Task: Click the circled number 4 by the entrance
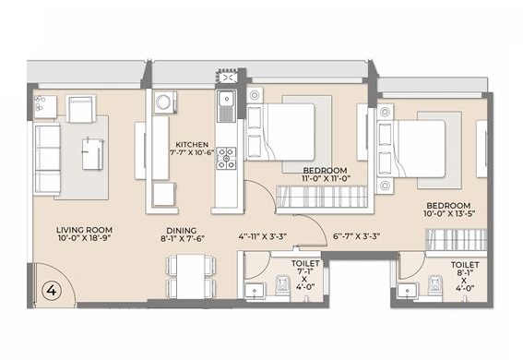(52, 290)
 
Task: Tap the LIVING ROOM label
(84, 230)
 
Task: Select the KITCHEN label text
(192, 145)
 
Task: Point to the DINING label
(182, 231)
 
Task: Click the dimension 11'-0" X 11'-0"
(326, 178)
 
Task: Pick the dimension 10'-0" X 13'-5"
(449, 213)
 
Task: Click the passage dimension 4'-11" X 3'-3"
(263, 236)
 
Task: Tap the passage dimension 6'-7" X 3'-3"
(356, 236)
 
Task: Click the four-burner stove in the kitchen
(226, 158)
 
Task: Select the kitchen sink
(227, 106)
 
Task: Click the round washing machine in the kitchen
(165, 102)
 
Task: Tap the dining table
(190, 277)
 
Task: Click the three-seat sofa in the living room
(47, 158)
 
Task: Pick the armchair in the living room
(80, 109)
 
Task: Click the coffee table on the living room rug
(92, 154)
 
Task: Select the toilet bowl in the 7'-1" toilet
(282, 284)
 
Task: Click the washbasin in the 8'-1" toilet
(407, 290)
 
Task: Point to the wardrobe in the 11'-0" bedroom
(322, 197)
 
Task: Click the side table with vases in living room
(45, 107)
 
